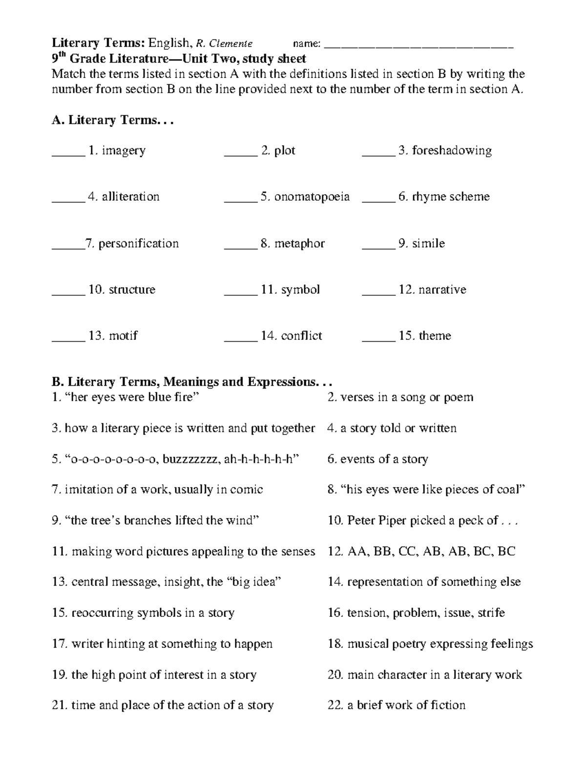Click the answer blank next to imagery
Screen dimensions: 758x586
point(68,154)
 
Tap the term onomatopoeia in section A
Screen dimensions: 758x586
point(312,197)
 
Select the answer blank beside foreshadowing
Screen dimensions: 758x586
point(378,154)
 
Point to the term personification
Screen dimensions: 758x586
point(139,244)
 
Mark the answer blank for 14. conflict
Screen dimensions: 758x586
point(240,339)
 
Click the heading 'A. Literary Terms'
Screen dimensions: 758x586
point(112,120)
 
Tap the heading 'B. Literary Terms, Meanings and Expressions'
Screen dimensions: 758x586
point(193,382)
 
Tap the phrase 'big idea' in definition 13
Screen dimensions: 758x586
point(254,582)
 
